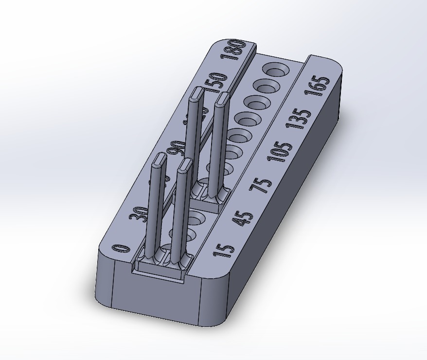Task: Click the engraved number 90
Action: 176,148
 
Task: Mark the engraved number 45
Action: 242,218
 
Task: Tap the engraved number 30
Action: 139,213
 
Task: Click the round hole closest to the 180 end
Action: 275,70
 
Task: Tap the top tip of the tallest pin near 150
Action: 196,92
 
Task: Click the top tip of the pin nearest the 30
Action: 159,160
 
